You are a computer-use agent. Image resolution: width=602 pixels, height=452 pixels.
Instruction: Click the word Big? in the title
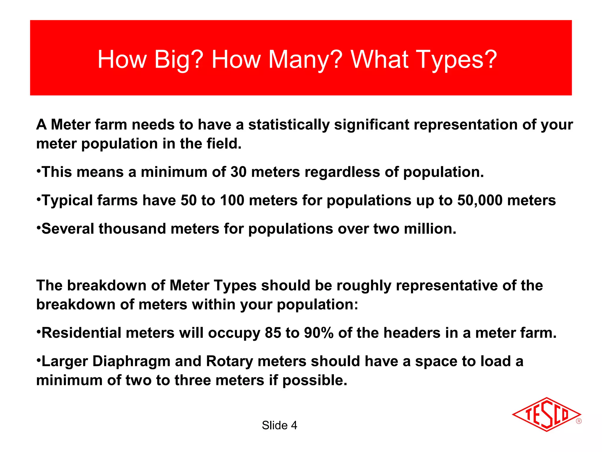pyautogui.click(x=178, y=60)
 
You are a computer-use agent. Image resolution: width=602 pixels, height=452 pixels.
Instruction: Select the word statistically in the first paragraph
pyautogui.click(x=289, y=125)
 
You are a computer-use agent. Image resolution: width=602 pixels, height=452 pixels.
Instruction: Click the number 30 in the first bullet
pyautogui.click(x=238, y=172)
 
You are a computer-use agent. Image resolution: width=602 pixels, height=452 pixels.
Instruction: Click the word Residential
pyautogui.click(x=81, y=333)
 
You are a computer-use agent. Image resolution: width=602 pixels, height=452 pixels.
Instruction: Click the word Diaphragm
pyautogui.click(x=131, y=362)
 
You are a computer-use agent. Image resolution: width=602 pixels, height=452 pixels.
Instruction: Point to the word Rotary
pyautogui.click(x=230, y=362)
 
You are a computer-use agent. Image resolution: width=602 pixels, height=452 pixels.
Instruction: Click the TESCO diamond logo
pyautogui.click(x=546, y=414)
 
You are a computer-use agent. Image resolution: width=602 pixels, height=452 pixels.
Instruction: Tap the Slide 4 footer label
pyautogui.click(x=279, y=426)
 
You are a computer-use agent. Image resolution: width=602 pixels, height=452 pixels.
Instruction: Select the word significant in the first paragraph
pyautogui.click(x=372, y=125)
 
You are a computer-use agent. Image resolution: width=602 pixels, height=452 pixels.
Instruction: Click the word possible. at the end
pyautogui.click(x=315, y=380)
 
